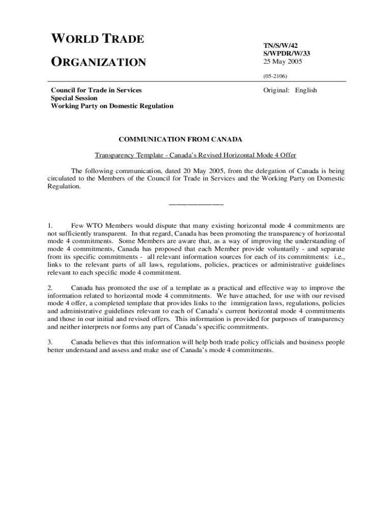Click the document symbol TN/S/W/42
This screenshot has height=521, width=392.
(281, 45)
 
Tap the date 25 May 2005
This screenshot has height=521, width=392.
(283, 61)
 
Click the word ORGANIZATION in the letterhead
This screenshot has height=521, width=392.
(98, 63)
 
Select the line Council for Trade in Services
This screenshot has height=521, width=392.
(96, 90)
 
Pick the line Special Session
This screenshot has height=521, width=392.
(72, 98)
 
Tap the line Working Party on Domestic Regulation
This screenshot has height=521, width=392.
(112, 106)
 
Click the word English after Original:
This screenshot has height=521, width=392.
(305, 90)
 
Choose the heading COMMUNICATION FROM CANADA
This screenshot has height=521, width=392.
(180, 139)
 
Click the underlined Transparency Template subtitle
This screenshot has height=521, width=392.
(195, 155)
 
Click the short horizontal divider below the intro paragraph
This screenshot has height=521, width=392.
(196, 205)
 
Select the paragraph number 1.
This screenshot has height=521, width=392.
(49, 224)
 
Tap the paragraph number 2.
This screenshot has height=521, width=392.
(49, 288)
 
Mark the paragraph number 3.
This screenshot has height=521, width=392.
(49, 342)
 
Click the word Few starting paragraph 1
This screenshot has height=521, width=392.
(77, 224)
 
